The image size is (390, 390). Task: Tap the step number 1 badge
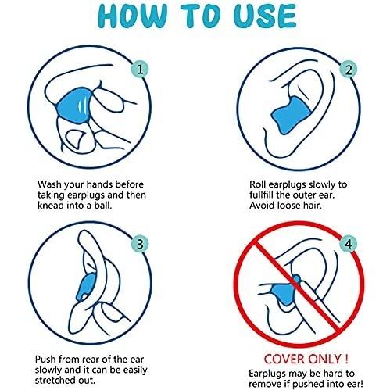pos(140,70)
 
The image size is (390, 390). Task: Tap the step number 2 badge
pos(349,70)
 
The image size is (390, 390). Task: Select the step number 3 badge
pos(140,244)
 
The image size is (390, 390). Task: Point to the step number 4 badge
pos(349,244)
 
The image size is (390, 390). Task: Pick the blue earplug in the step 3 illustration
pos(86,287)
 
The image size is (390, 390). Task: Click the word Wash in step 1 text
pos(49,184)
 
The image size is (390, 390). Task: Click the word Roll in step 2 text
pos(257,184)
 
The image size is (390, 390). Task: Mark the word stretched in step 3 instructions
pos(52,380)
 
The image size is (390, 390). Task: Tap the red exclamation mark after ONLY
pos(346,360)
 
